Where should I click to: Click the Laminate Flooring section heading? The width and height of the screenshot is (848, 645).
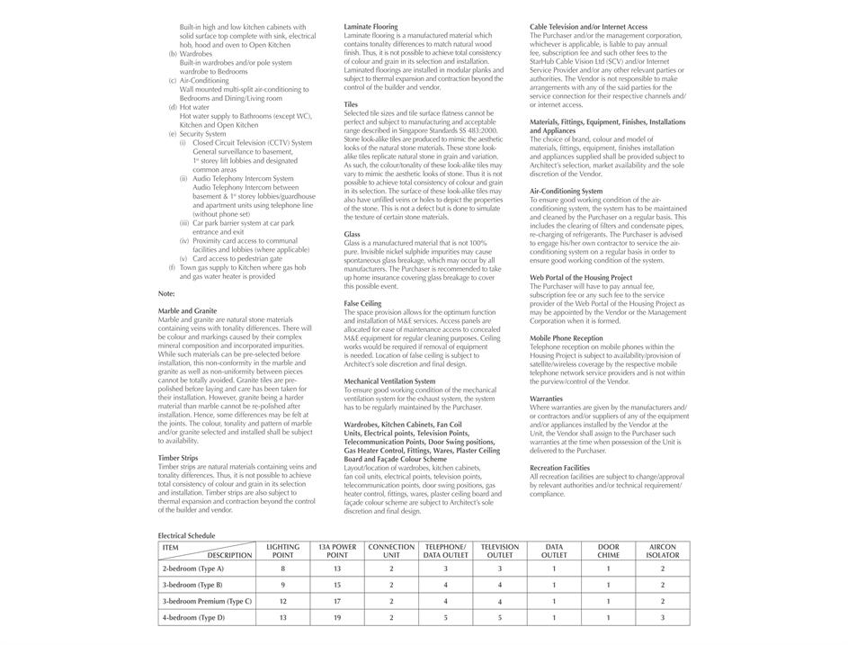click(371, 27)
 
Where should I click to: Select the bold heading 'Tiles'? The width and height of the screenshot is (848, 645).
click(351, 104)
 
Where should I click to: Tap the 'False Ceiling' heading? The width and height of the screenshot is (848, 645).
click(362, 303)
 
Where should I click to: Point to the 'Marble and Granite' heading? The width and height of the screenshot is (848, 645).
click(187, 311)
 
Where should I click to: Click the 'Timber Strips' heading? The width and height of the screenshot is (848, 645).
click(178, 458)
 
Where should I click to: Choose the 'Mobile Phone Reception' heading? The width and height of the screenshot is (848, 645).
click(566, 338)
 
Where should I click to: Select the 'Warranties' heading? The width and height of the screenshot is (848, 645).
click(546, 399)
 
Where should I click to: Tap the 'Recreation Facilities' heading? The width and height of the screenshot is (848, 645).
click(559, 468)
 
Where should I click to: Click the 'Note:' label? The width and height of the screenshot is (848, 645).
click(166, 293)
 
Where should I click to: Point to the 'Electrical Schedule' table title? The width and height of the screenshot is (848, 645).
click(186, 535)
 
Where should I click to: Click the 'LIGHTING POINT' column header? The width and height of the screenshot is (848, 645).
click(282, 551)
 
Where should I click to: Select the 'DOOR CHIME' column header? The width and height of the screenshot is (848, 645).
click(608, 551)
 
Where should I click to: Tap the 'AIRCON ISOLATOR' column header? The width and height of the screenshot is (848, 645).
click(663, 551)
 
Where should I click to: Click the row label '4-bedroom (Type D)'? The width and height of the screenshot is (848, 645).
click(193, 617)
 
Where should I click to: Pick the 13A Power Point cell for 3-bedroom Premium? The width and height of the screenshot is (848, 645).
click(337, 601)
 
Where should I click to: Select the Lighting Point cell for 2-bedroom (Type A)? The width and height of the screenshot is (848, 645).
click(282, 569)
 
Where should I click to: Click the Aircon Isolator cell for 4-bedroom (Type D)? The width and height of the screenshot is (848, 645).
click(663, 617)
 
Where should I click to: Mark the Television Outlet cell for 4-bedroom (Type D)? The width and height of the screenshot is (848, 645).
click(500, 617)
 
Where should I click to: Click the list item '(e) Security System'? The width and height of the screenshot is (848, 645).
click(197, 134)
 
